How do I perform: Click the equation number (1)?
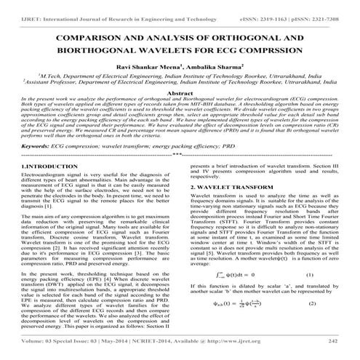point(308,276)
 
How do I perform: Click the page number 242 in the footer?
point(333,342)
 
